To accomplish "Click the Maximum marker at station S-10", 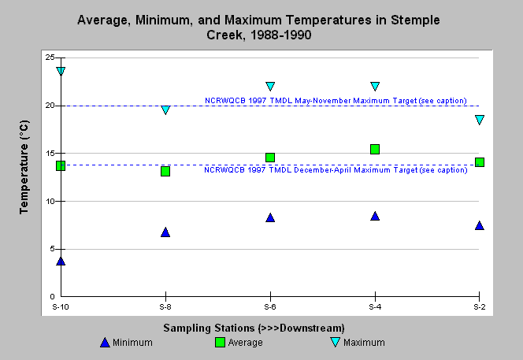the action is click(61, 71).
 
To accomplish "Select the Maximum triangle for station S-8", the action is click(165, 109).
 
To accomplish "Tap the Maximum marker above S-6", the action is click(270, 86).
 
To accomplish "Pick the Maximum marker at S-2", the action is click(480, 120).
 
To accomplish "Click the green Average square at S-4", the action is click(375, 149).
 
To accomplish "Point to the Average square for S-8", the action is click(165, 171).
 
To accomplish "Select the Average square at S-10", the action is click(61, 165).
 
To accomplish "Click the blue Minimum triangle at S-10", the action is click(61, 261).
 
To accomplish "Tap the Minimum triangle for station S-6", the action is click(270, 217).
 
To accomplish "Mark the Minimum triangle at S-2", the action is click(480, 225).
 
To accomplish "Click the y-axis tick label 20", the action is click(50, 106).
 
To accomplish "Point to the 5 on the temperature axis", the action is click(52, 249).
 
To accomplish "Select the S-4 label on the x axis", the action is click(375, 306).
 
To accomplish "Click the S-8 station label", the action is click(165, 306).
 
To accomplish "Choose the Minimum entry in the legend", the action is click(126, 343).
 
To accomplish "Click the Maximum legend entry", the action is click(358, 343).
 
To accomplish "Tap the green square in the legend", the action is click(220, 343).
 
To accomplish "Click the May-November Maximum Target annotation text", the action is click(336, 100).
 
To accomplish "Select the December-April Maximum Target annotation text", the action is click(336, 170).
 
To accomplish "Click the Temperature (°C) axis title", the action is click(24, 167).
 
